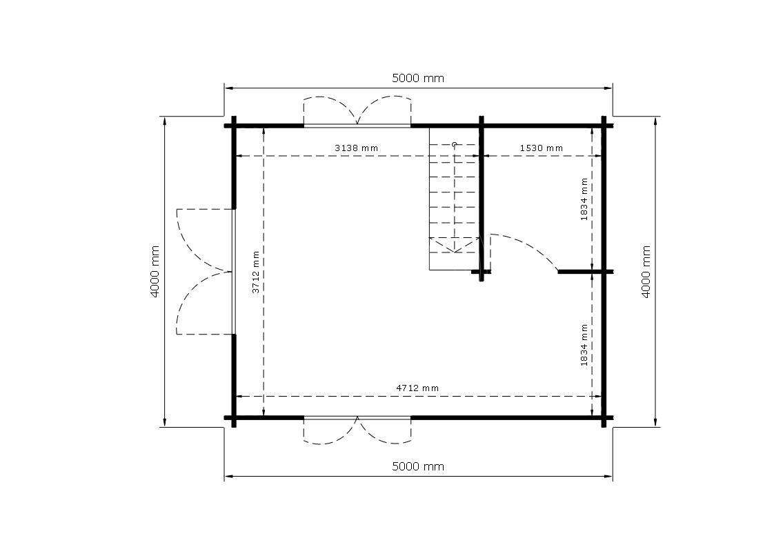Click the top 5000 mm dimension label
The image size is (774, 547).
[417, 78]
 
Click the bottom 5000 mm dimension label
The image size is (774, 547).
[417, 466]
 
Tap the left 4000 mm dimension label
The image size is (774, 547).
[155, 272]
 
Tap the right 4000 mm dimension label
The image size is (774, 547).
[646, 272]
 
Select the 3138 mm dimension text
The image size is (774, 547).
[357, 148]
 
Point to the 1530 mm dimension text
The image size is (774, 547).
[542, 148]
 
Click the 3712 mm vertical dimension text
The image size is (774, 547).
[256, 272]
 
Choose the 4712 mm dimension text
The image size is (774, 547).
[417, 388]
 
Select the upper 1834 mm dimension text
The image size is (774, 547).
[584, 199]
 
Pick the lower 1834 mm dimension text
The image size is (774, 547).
[584, 345]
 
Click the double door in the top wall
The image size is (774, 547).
[357, 112]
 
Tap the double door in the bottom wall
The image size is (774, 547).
[357, 430]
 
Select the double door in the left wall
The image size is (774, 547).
[206, 272]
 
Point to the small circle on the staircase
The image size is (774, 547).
[454, 145]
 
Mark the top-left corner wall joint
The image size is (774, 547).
[234, 126]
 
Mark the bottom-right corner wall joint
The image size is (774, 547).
[604, 417]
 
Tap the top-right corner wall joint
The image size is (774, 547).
[604, 126]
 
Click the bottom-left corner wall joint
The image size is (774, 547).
[234, 417]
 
